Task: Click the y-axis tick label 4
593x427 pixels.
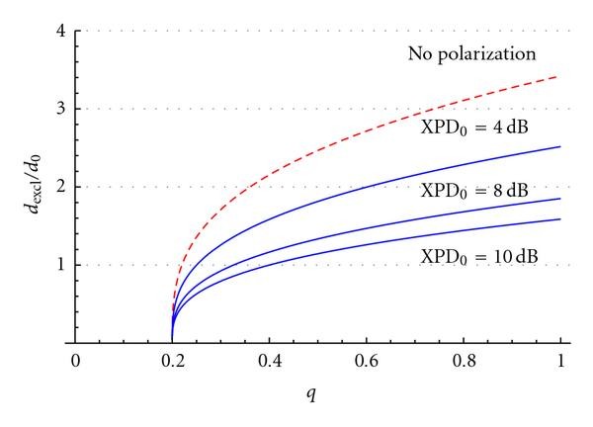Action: [61, 31]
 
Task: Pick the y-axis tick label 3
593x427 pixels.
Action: [61, 109]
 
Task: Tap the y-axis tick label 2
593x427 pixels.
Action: [61, 187]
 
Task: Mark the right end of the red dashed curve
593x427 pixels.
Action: [560, 76]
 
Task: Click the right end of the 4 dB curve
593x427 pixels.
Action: [560, 146]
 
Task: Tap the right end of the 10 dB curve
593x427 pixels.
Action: [560, 218]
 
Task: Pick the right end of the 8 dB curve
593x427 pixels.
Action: [560, 199]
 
